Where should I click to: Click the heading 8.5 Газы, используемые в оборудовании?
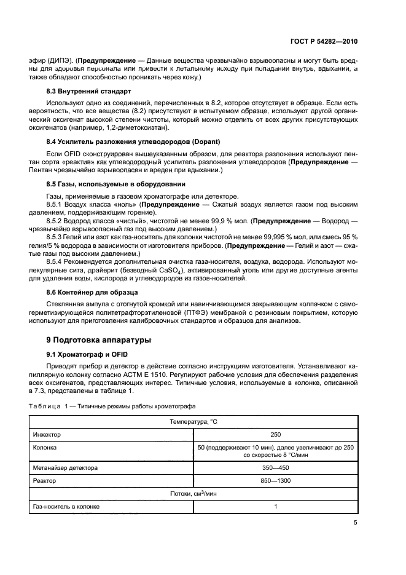[114, 183]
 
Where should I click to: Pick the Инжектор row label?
[47, 434]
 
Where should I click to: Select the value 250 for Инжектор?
[275, 434]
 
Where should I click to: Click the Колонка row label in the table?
[45, 448]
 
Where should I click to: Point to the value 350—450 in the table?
[275, 467]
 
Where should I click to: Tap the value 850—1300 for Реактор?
[275, 480]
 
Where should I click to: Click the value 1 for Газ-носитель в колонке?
[276, 507]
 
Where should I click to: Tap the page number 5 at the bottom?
[356, 523]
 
